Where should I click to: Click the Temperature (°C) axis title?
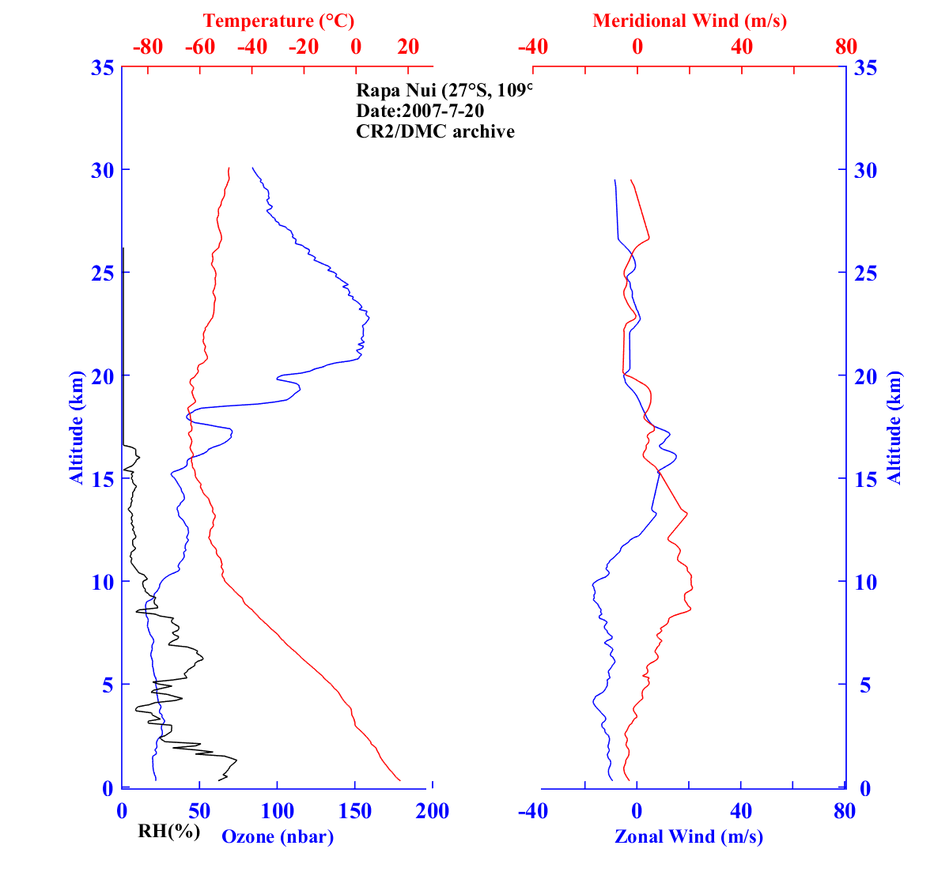point(278,21)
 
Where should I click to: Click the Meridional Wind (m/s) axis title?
point(690,21)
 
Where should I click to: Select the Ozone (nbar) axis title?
point(278,836)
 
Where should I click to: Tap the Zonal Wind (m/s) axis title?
point(689,836)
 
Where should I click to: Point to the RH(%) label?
point(168,831)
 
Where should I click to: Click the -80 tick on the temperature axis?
point(148,47)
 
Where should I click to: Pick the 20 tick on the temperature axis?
point(408,47)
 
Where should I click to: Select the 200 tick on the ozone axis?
point(433,811)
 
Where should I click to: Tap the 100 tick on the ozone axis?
point(277,811)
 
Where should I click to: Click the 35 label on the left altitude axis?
point(101,68)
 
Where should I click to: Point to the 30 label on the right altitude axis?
point(867,170)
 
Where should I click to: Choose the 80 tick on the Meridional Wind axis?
point(845,47)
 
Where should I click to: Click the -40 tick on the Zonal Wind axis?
point(533,811)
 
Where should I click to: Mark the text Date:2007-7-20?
point(420,111)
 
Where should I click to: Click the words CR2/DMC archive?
point(435,131)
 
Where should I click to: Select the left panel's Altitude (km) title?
point(77,427)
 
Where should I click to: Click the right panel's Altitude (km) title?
point(894,427)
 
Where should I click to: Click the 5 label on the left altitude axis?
point(107,685)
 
